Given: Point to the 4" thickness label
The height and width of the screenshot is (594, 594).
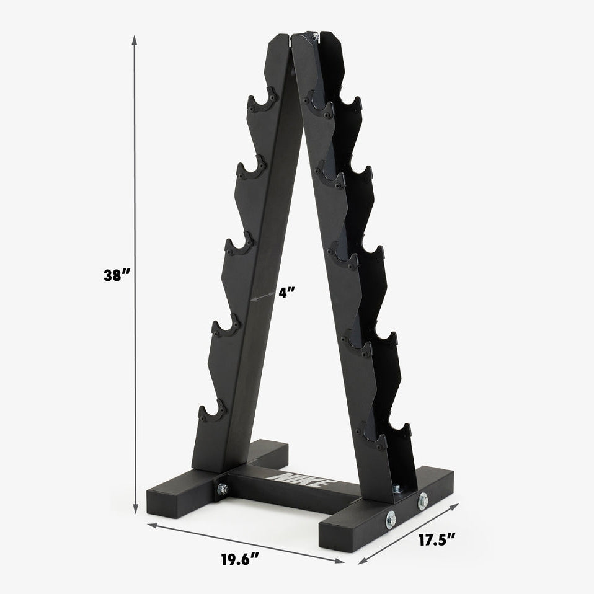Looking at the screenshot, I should [285, 293].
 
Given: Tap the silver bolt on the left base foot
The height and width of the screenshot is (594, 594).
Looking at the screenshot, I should [222, 489].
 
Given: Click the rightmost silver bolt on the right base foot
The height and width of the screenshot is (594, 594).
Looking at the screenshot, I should [423, 500].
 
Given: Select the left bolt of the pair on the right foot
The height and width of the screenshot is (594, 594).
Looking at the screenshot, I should [391, 520].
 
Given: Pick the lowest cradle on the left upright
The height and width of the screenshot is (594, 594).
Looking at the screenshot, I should [213, 412].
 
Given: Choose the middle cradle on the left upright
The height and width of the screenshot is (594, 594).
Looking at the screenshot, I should [239, 246].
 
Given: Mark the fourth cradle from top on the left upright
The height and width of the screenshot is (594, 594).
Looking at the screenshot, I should [226, 327].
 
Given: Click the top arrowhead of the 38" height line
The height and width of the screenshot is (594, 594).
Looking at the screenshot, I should [135, 38].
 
